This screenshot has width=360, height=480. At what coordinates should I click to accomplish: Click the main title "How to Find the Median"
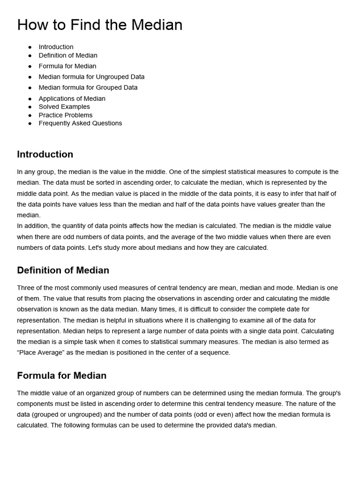tap(100, 24)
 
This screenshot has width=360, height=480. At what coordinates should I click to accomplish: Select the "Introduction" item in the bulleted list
tap(56, 47)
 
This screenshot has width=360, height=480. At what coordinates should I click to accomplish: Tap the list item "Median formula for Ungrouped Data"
tap(91, 76)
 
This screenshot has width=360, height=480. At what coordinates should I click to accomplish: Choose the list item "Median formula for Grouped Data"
tap(88, 87)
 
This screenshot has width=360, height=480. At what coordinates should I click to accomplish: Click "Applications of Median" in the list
tap(72, 98)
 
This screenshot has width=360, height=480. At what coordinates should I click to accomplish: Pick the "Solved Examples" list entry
tap(64, 106)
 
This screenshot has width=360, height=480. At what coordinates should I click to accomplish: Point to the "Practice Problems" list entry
tap(66, 115)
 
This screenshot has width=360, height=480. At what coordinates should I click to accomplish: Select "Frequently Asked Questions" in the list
tap(80, 123)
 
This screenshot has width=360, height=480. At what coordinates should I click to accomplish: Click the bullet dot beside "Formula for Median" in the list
tap(30, 66)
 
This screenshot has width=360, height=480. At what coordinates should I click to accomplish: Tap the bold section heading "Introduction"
tap(45, 154)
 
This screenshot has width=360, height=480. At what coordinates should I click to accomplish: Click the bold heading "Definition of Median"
tap(63, 270)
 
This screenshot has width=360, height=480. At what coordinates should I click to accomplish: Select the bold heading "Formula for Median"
tap(61, 375)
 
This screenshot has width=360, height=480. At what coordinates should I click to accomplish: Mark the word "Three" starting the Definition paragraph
tap(26, 288)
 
